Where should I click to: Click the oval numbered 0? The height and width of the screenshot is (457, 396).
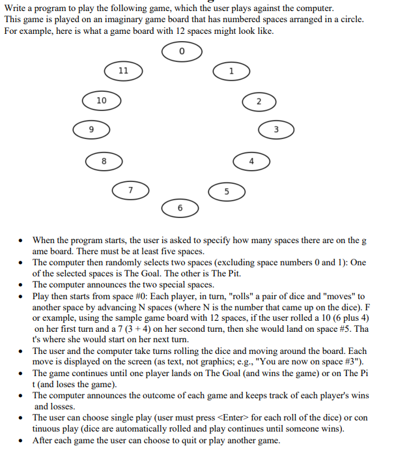click(x=181, y=52)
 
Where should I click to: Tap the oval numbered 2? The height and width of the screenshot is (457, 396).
click(x=259, y=101)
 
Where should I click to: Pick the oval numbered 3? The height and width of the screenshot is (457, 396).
click(x=276, y=130)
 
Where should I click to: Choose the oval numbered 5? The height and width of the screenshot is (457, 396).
click(x=226, y=191)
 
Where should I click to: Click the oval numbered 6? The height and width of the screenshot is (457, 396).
click(x=180, y=207)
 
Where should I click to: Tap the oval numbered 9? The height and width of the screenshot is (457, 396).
click(x=91, y=130)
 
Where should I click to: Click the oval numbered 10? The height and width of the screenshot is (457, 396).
click(x=101, y=100)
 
